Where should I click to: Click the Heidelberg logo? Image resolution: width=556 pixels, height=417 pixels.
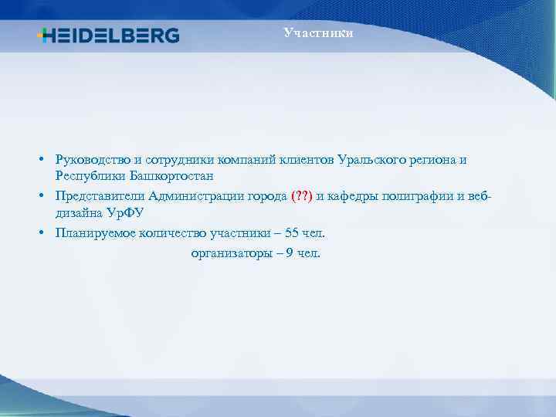tap(108, 36)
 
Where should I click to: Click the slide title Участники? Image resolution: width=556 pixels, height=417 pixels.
tap(318, 32)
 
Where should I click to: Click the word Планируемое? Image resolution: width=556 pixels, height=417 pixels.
tap(93, 232)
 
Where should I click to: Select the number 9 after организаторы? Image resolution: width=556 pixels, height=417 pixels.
tap(289, 253)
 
